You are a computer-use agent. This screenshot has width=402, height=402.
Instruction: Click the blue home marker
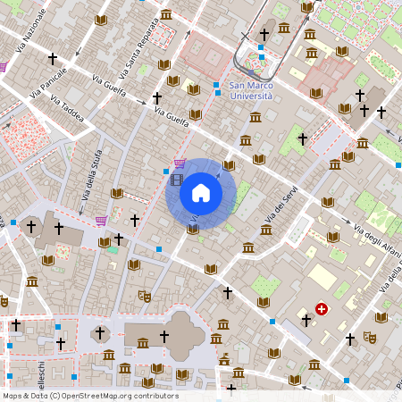(x=200, y=193)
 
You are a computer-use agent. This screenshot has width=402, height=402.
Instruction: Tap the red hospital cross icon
(x=322, y=309)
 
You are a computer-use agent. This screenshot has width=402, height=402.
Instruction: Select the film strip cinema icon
(x=176, y=180)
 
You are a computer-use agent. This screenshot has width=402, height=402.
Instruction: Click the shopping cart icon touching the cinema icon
(x=180, y=164)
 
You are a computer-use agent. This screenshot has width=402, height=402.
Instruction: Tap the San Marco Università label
(x=256, y=91)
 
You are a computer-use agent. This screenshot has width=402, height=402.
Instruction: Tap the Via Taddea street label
(x=67, y=113)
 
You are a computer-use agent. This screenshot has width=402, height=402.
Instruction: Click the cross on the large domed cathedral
(x=163, y=336)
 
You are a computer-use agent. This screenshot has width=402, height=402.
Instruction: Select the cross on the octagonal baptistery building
(x=100, y=333)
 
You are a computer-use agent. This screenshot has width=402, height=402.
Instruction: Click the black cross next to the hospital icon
(x=306, y=320)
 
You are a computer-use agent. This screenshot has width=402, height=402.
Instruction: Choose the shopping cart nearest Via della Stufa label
(x=101, y=220)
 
